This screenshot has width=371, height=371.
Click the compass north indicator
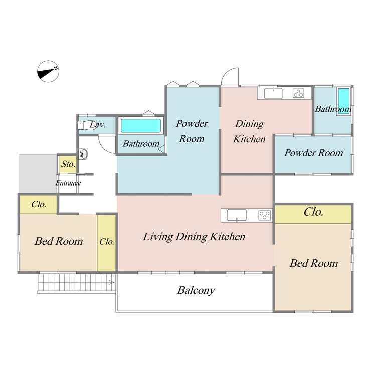(x=48, y=71)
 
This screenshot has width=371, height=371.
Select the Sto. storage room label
(x=69, y=164)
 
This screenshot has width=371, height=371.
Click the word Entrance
(x=68, y=183)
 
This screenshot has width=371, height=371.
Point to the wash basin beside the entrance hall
(x=83, y=154)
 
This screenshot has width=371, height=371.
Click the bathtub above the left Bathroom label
(x=141, y=126)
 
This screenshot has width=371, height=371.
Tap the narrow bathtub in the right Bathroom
(x=343, y=101)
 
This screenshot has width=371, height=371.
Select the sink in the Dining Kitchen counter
(x=273, y=93)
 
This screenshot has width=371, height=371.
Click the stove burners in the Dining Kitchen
(x=298, y=93)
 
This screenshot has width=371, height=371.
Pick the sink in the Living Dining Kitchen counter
(x=237, y=215)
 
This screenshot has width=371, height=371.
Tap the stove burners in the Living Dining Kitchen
(x=265, y=215)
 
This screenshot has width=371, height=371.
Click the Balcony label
(x=196, y=290)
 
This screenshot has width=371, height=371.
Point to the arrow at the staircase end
(x=111, y=282)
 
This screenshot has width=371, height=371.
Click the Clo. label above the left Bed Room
(x=39, y=204)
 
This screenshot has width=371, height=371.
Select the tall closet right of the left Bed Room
(x=106, y=243)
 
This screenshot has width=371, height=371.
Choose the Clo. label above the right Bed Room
(x=313, y=212)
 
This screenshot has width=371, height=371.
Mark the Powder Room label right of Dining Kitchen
(x=314, y=153)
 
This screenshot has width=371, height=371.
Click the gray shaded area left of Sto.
(x=38, y=173)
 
